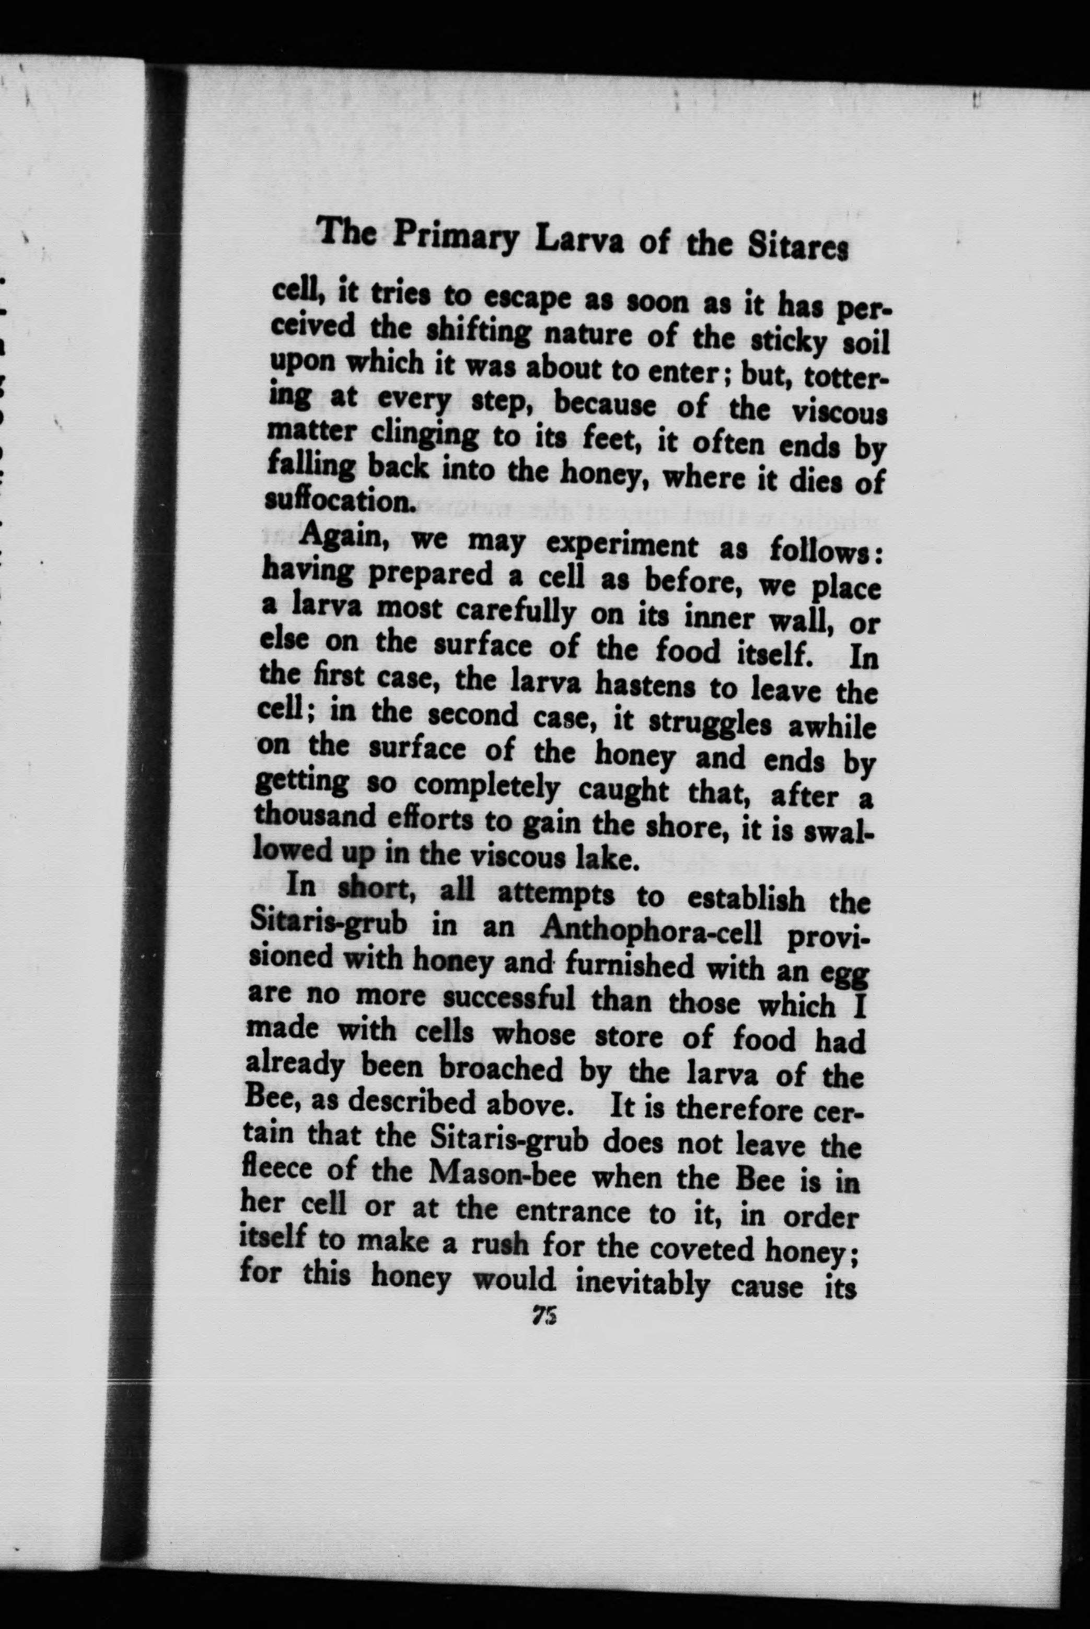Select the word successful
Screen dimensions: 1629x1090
[509, 998]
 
